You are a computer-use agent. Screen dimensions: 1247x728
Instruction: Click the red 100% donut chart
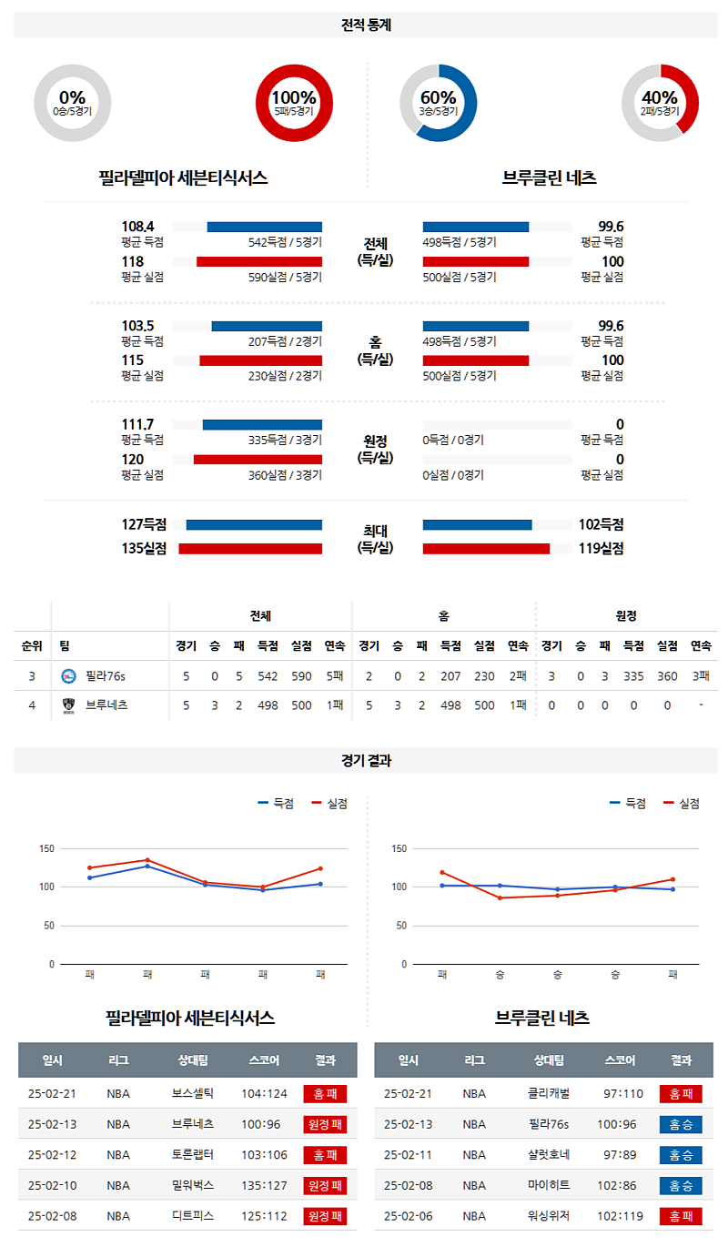point(294,103)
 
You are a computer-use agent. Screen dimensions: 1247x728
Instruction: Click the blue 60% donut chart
point(439,103)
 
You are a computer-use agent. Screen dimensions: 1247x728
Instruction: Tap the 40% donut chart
point(660,103)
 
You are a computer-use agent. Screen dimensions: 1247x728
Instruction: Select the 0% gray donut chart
point(73,103)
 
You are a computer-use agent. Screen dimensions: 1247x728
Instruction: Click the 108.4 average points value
point(137,227)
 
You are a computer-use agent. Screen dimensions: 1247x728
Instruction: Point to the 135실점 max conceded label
point(144,548)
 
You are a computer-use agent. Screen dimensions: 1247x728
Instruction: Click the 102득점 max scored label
point(601,524)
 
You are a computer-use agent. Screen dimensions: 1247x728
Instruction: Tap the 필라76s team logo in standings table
point(68,676)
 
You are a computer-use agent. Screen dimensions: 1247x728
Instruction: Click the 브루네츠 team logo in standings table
point(68,705)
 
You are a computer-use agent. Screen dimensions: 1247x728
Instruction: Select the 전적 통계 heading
point(366,25)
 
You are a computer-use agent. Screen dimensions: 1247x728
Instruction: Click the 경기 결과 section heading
point(366,761)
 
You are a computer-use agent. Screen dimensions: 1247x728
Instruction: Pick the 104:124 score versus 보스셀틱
point(264,1094)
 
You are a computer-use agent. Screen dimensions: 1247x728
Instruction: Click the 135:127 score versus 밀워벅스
point(264,1185)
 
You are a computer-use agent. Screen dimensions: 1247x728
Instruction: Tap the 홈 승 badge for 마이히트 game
point(681,1185)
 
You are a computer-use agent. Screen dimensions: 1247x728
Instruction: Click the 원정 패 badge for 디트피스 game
point(325,1216)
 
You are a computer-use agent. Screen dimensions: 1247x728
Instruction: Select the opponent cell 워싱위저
point(549,1216)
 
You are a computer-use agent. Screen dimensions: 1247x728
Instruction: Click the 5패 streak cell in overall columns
point(334,676)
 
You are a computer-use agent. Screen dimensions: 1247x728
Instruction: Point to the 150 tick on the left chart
point(45,849)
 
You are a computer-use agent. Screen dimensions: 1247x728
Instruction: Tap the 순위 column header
point(32,646)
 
